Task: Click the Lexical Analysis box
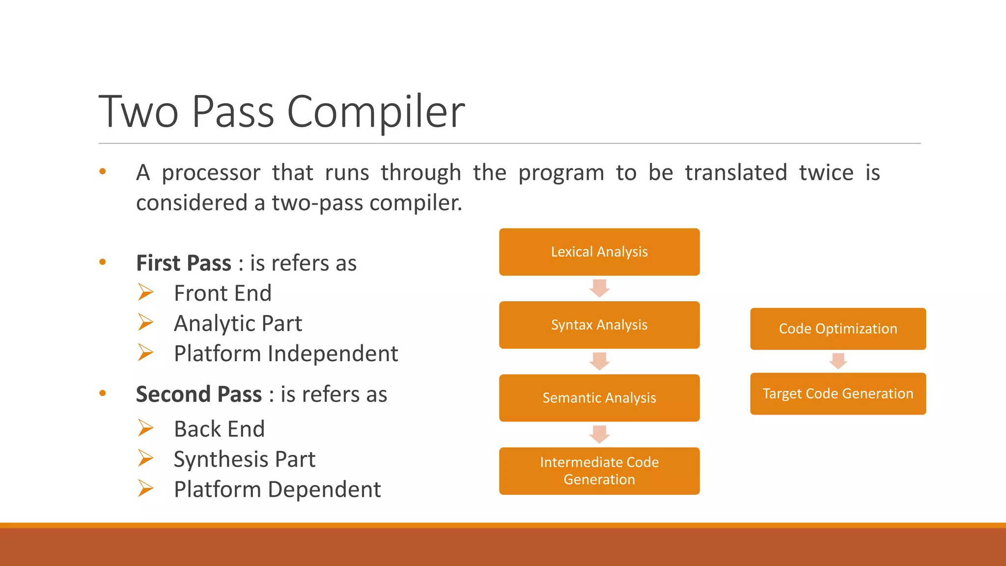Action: coord(599,252)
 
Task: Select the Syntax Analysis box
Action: coord(599,325)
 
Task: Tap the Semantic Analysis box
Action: coord(599,398)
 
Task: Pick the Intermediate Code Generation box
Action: coord(599,471)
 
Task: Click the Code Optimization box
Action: coord(838,329)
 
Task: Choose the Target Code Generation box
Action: coord(838,394)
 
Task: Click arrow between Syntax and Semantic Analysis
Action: coord(599,361)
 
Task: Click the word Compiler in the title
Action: coord(375,112)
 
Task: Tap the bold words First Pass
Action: coord(183,263)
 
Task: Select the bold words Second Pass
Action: coord(198,395)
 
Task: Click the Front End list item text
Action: coord(223,293)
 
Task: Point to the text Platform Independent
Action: coord(286,354)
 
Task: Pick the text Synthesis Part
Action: coord(245,459)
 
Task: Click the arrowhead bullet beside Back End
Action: coord(145,428)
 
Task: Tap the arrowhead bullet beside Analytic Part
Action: coord(145,322)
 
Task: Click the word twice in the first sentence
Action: coord(826,173)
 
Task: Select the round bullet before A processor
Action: coord(103,171)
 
